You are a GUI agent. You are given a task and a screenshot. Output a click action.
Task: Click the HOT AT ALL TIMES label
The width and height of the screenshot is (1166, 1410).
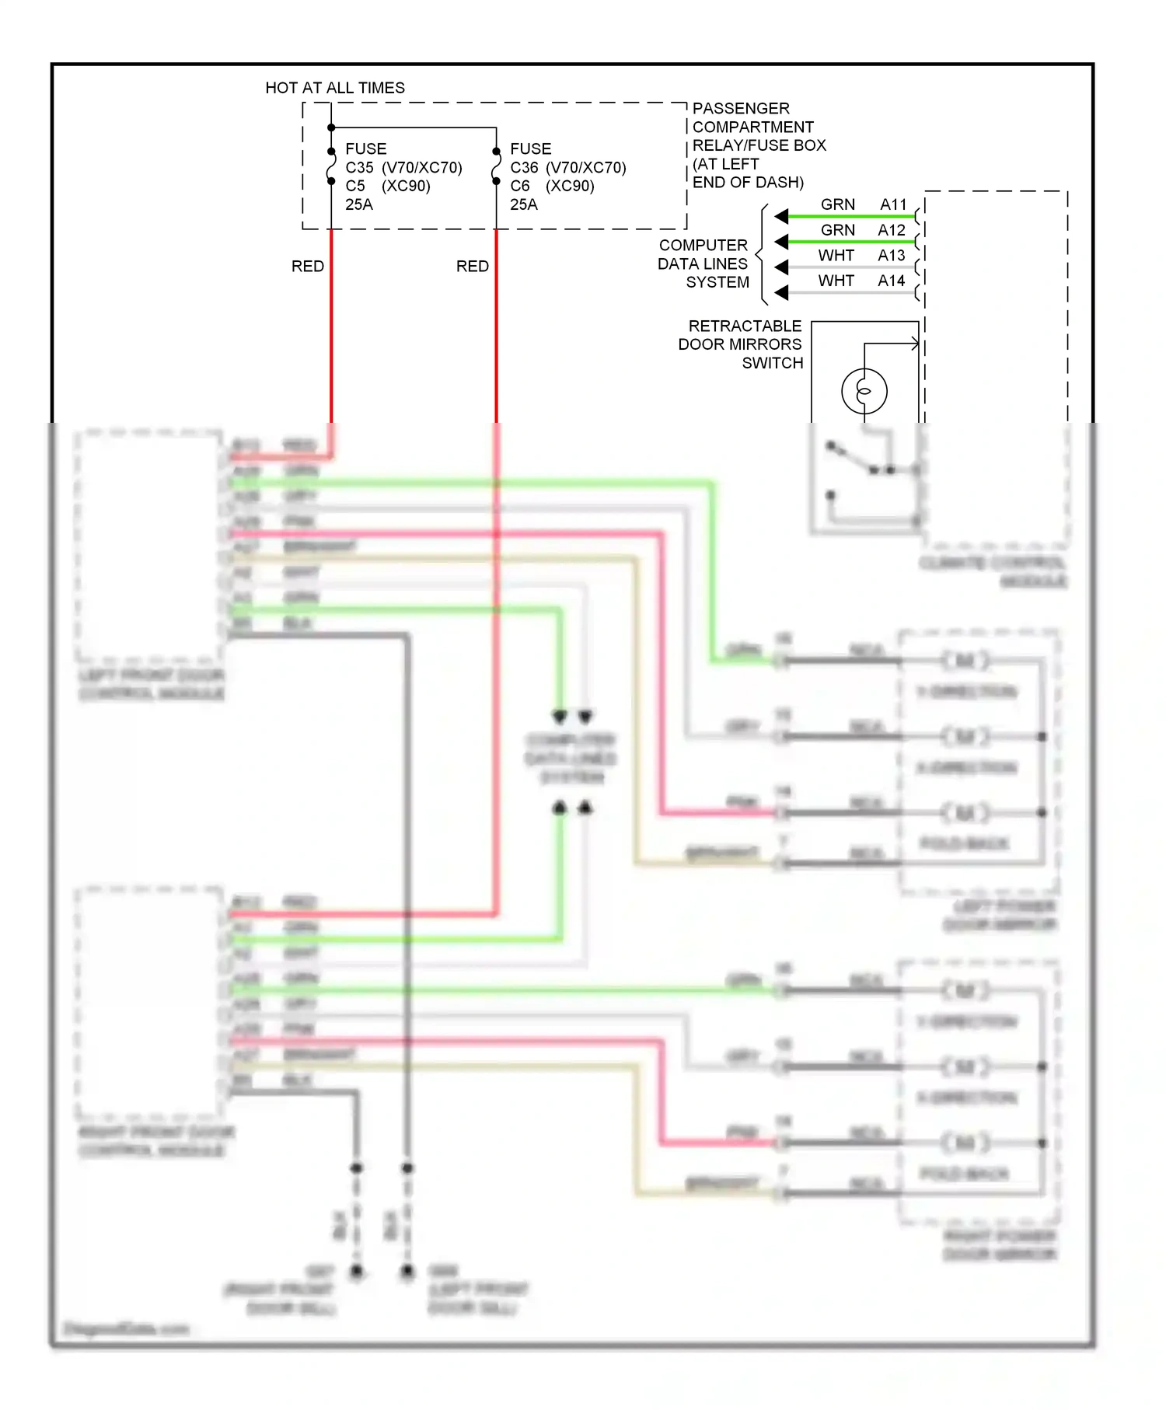coord(335,88)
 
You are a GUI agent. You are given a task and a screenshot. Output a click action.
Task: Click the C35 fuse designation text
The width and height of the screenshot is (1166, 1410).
coord(359,167)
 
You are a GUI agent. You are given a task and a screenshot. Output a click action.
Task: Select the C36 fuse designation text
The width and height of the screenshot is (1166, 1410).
coord(524,167)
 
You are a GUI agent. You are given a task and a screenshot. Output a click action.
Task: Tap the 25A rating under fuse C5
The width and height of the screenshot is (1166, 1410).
coord(359,204)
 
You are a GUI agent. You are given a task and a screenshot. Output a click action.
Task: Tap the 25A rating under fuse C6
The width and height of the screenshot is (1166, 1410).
coord(524,204)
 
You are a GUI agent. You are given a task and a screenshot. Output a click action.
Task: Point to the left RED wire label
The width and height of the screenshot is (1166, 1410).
coord(308,267)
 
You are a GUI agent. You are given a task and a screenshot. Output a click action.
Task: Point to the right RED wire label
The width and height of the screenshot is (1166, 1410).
coord(473,267)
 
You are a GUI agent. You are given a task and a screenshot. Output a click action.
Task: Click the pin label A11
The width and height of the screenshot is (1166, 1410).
coord(893,204)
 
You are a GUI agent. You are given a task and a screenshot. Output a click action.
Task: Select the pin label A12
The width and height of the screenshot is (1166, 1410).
coord(892,230)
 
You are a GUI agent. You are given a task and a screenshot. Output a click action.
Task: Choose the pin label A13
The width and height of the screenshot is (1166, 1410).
coord(892,256)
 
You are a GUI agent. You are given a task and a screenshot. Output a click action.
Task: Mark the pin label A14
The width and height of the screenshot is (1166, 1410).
coord(892,281)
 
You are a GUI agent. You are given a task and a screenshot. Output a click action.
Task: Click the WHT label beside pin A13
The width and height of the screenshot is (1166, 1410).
coord(836,256)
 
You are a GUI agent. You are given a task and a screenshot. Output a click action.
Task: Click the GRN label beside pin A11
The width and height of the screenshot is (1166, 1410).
coord(838,204)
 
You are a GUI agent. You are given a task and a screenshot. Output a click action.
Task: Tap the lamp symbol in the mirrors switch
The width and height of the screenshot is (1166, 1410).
coord(864,391)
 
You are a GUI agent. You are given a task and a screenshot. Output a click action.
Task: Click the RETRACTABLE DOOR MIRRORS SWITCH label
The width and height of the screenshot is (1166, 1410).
coord(740,344)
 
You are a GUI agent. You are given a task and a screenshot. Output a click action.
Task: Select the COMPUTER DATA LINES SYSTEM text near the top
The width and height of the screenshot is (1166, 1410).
coord(704,264)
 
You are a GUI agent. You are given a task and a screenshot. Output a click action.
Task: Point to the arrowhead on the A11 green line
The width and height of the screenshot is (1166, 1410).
coord(782,216)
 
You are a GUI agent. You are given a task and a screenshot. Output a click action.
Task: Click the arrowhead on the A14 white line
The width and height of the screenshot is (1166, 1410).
coord(782,293)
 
